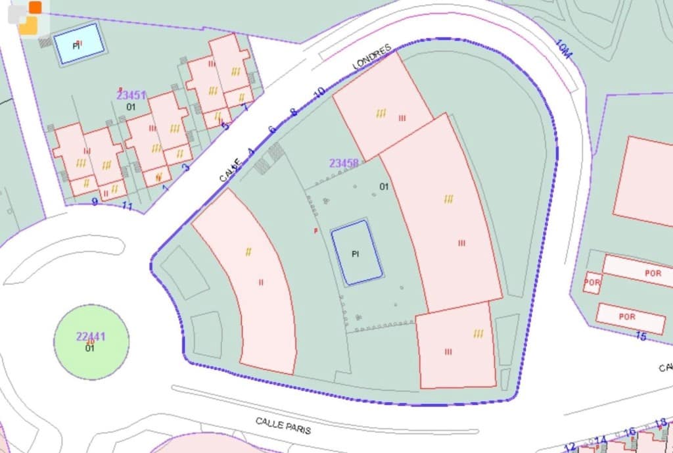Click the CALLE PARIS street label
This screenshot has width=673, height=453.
[283, 425]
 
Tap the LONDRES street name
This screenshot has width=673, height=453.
[372, 57]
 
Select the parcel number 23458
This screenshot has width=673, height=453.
[344, 162]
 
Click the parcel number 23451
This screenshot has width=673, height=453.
[131, 95]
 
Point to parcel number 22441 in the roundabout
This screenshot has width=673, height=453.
[91, 337]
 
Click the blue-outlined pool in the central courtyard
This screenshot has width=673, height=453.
[356, 253]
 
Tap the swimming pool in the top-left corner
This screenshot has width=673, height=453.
[79, 44]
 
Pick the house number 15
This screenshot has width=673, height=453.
[641, 337]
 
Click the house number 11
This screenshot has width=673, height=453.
[127, 207]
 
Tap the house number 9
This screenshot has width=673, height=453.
[95, 202]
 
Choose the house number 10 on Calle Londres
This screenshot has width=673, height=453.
[319, 93]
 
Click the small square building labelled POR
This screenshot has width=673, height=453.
[592, 283]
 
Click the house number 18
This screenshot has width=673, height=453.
[661, 423]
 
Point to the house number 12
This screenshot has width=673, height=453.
[570, 446]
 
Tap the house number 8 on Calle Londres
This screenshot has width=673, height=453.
[294, 112]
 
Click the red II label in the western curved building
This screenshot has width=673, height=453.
[261, 283]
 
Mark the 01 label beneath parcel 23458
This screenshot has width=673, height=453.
[384, 187]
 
